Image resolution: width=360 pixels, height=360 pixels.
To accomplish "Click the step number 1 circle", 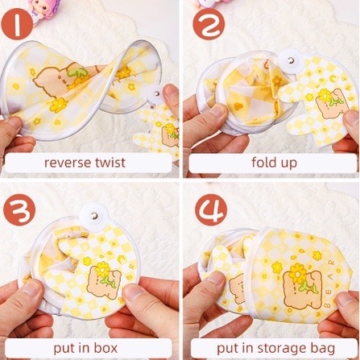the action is point(17,24).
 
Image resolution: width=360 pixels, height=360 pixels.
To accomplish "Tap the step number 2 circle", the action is point(209,24).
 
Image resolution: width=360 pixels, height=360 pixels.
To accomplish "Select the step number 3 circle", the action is point(19,210).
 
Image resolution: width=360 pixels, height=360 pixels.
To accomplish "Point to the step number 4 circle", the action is point(211,210).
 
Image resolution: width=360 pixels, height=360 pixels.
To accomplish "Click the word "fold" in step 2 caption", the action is point(263,162).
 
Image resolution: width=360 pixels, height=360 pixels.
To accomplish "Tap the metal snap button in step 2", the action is point(291,60).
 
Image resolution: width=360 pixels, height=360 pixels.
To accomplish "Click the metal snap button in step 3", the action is point(94,215).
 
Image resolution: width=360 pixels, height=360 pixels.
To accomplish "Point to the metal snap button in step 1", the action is point(157,93).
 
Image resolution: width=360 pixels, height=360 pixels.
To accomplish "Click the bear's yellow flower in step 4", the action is point(297,273).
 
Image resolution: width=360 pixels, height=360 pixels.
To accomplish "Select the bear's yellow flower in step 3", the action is point(103,269).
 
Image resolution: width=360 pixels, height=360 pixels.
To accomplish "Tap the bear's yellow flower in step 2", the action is point(325,96).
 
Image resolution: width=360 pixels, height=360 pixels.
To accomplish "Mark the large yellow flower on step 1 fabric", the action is point(59,106).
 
